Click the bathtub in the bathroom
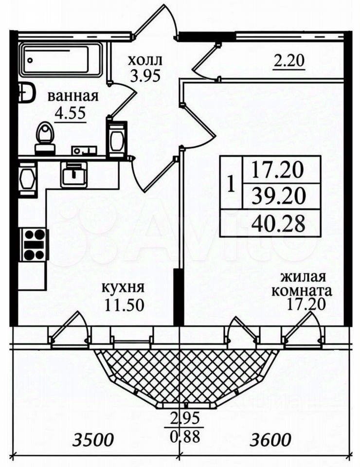point(61,59)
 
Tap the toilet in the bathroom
point(45,132)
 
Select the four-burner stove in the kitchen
point(35,244)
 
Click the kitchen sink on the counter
point(74,173)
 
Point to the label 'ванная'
point(73,96)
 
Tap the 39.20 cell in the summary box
point(278,196)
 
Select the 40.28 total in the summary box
point(278,223)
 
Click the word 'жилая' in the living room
point(302,278)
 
